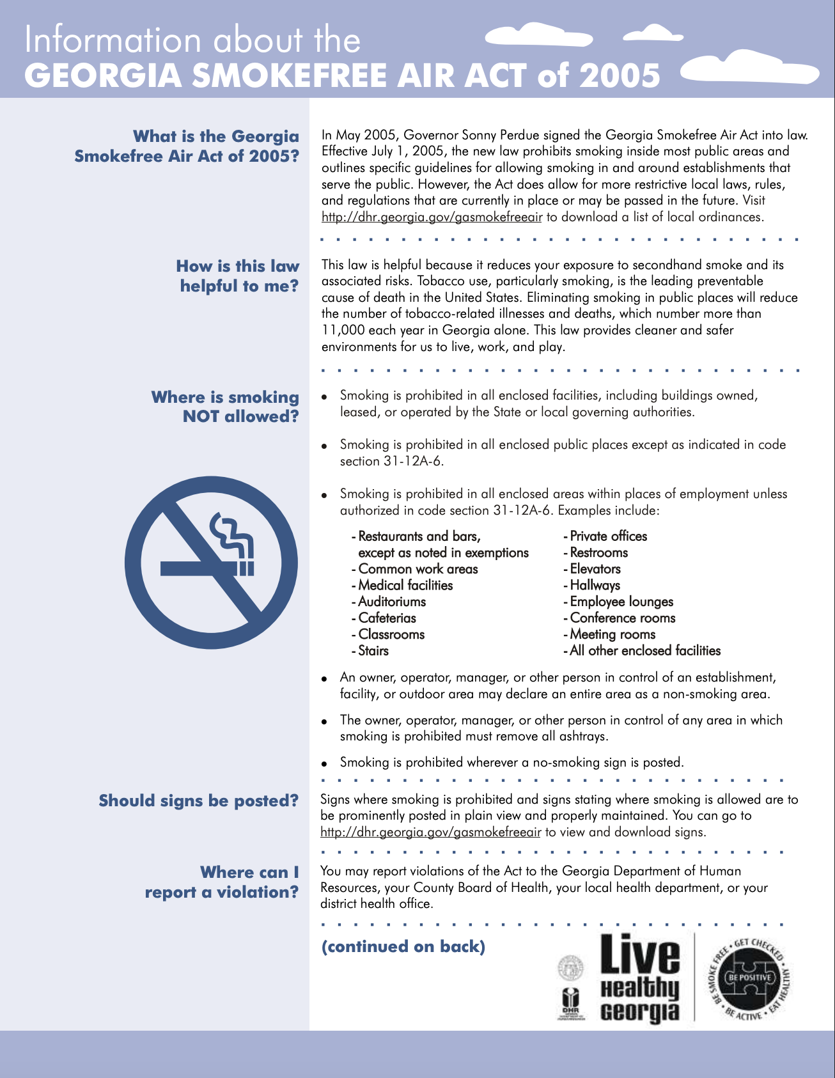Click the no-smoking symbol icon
tap(211, 563)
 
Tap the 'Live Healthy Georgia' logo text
tap(640, 979)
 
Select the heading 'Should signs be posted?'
tap(199, 801)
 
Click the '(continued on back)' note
tap(403, 946)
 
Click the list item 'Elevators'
tap(595, 569)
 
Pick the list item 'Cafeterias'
tap(387, 618)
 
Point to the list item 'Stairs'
tap(373, 651)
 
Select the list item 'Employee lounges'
tap(621, 602)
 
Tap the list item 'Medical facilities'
tap(405, 586)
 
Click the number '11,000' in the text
tap(341, 331)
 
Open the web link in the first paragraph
tap(432, 217)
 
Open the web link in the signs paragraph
tap(430, 832)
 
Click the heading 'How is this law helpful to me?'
tap(238, 276)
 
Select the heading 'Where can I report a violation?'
tap(222, 882)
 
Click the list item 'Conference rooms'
tap(622, 618)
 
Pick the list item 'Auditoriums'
tap(392, 602)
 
